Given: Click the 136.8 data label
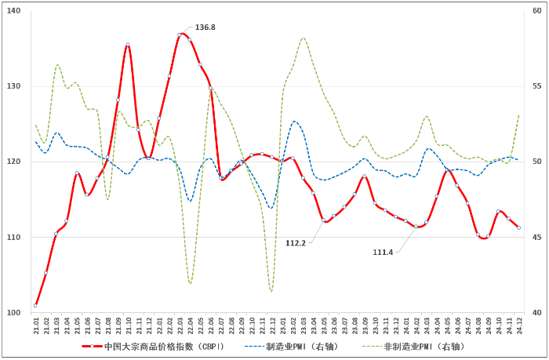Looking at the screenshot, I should pos(205,27).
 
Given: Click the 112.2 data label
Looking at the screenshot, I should pos(296,243).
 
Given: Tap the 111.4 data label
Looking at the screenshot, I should pos(383,252).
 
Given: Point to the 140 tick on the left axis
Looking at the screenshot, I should pos(15,11).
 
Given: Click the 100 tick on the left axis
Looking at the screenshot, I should pos(15,313).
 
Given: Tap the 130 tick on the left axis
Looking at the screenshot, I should pos(15,86).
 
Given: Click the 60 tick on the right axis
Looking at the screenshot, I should pos(536,11).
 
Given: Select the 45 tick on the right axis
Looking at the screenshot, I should pos(536,238).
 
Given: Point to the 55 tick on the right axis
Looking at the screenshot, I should pos(536,86).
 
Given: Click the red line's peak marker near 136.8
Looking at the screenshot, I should pos(180,35).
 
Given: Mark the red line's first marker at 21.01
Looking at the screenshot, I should pos(36,305).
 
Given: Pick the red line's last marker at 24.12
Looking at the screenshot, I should pos(518,227).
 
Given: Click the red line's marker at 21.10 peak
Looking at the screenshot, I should pos(128,45).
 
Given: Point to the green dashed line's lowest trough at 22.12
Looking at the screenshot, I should pos(271,291).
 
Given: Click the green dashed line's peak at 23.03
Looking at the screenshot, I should pos(303,38).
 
